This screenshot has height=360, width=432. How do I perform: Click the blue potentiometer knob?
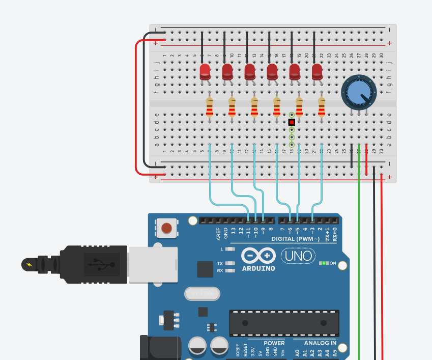click(x=359, y=92)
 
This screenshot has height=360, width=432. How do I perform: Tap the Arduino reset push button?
click(x=166, y=228)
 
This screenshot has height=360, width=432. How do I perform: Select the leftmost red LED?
click(x=205, y=71)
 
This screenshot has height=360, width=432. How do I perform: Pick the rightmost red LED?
click(x=317, y=71)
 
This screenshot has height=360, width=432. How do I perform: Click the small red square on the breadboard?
click(x=292, y=122)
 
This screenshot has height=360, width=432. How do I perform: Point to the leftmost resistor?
click(x=209, y=107)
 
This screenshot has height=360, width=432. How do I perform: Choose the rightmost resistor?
click(x=321, y=107)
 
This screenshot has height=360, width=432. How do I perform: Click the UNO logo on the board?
click(x=298, y=256)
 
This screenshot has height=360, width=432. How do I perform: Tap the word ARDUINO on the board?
click(x=258, y=268)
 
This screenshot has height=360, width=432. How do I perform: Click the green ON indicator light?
click(x=323, y=263)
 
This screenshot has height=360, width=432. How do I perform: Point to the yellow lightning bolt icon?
click(x=28, y=265)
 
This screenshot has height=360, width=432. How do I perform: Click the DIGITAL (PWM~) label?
click(x=295, y=239)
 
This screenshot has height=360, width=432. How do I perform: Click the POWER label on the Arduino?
click(x=274, y=343)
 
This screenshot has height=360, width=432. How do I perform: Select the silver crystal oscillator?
click(x=202, y=294)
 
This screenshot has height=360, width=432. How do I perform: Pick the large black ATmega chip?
click(x=284, y=323)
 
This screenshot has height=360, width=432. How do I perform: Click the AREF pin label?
click(x=218, y=234)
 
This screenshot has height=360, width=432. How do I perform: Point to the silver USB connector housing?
click(x=153, y=265)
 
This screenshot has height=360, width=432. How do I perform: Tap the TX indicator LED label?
click(x=220, y=263)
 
